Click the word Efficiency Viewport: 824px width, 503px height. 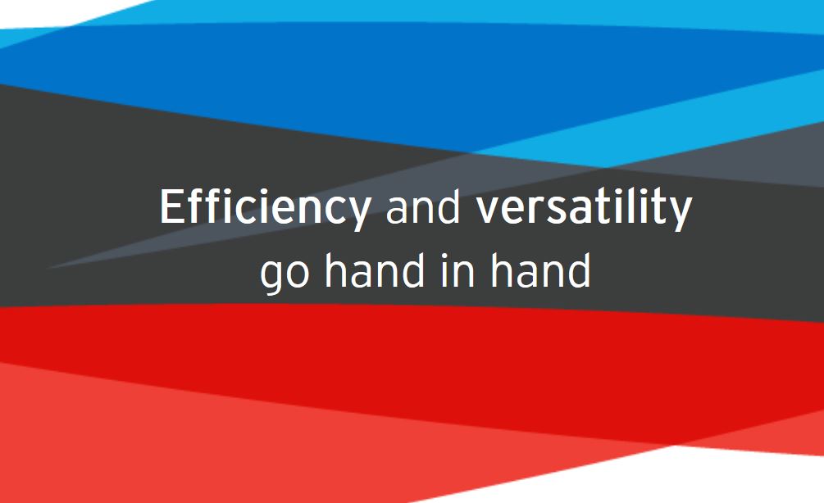[x=266, y=208]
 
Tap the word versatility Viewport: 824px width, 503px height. [x=584, y=208]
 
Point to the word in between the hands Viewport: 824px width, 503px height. [x=458, y=270]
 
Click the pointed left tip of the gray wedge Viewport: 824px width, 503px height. [x=48, y=269]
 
